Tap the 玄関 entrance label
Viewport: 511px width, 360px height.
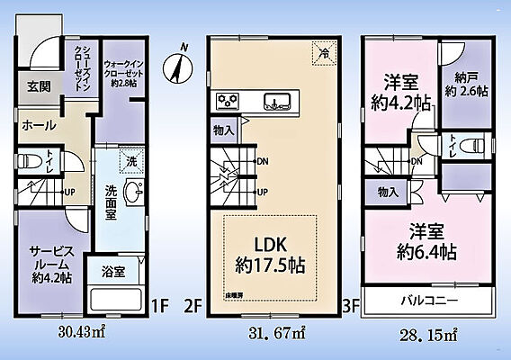pyautogui.click(x=38, y=86)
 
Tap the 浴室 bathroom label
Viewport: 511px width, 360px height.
pyautogui.click(x=112, y=271)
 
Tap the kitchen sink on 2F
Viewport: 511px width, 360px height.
pyautogui.click(x=277, y=101)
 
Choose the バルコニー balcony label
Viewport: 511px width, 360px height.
pyautogui.click(x=428, y=299)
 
